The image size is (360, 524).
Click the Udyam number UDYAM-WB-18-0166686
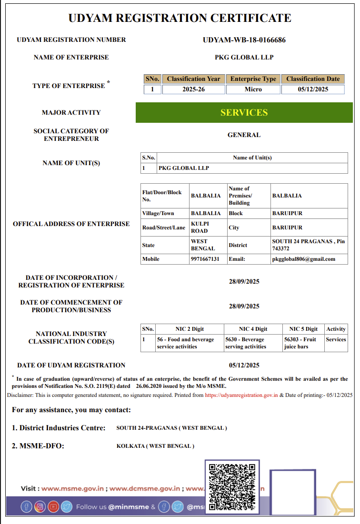(244, 40)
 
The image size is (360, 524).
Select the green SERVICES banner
(244, 113)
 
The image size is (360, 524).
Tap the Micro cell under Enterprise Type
(253, 89)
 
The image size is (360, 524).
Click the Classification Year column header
(193, 79)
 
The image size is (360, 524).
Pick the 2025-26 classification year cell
(193, 89)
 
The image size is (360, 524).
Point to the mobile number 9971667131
(205, 259)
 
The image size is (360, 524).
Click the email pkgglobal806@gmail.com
(303, 259)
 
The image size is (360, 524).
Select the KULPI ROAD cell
(200, 227)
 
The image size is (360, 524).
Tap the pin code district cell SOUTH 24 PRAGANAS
(308, 245)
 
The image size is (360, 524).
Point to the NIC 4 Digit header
(253, 329)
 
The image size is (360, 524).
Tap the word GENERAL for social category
(244, 135)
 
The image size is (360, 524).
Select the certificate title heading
(180, 19)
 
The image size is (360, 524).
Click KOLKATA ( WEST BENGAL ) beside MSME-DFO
(155, 446)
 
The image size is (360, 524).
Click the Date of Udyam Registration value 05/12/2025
(244, 366)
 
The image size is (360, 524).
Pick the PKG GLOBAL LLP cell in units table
(184, 168)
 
